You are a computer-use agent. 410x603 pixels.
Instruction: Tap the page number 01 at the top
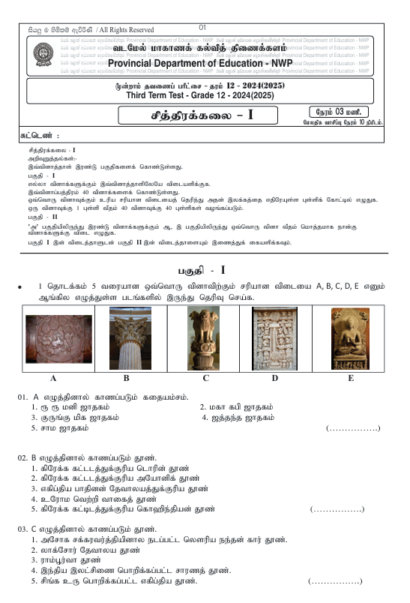202,28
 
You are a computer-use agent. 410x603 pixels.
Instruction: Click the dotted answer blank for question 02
337,509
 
